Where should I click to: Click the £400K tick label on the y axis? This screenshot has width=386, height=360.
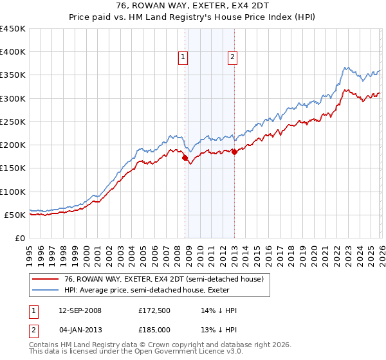pos(14,52)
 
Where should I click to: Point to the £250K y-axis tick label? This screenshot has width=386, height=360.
pos(14,122)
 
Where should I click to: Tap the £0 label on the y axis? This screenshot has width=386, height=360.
pos(20,238)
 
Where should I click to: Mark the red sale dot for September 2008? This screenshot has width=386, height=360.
pos(185,157)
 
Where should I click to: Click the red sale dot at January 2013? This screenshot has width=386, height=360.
pos(234,152)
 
